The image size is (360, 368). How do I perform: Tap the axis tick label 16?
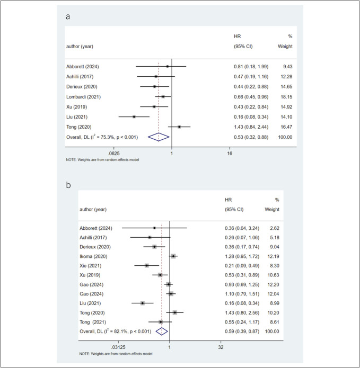pos(230,154)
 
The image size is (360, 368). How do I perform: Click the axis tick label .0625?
pos(114,154)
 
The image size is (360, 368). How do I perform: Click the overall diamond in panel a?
pos(159,137)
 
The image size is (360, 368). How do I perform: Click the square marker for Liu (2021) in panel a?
pos(134,116)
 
